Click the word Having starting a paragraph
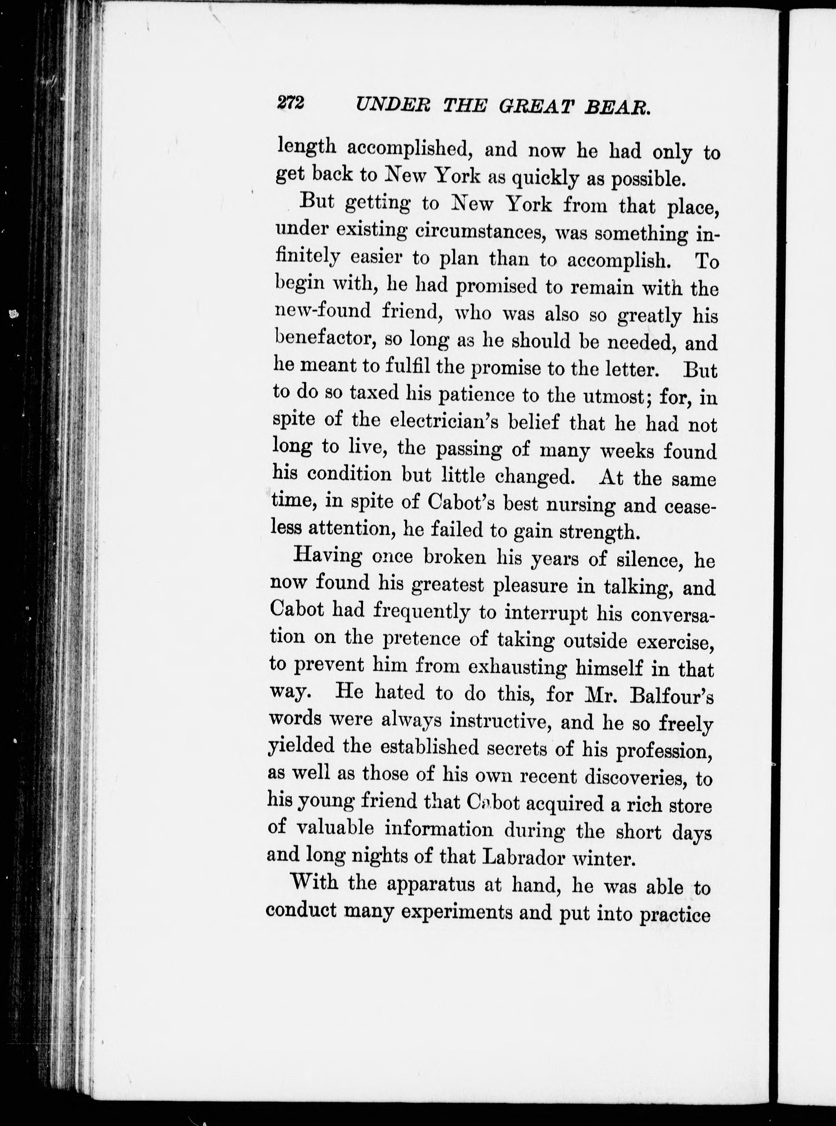coord(328,556)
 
